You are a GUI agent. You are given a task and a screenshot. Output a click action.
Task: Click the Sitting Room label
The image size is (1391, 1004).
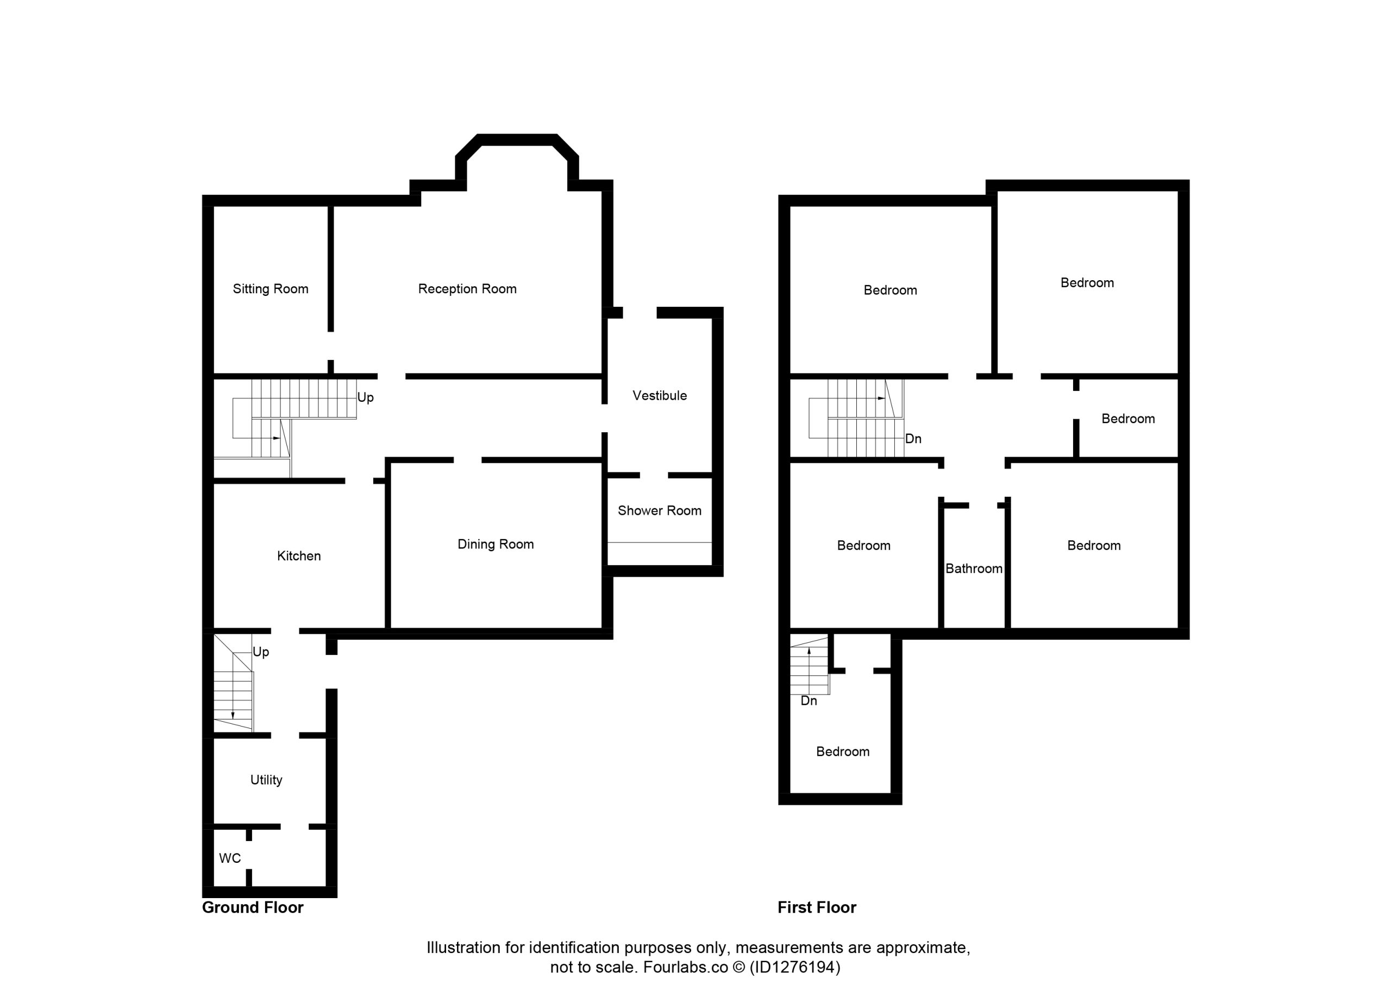(271, 289)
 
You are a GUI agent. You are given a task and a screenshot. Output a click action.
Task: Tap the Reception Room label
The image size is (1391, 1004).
(467, 289)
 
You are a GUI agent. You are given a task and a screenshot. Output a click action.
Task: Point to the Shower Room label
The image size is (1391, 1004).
(659, 510)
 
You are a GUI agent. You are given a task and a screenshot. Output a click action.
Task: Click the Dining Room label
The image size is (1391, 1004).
(496, 544)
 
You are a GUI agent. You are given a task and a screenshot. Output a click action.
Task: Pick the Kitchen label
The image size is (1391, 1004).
(299, 556)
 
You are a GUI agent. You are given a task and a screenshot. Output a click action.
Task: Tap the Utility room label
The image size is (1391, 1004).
(266, 780)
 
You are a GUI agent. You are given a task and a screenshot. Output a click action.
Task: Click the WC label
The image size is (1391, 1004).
(230, 858)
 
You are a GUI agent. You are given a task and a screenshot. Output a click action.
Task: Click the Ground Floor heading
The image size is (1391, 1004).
(253, 907)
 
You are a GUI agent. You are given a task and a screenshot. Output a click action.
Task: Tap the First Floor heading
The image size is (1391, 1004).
(817, 907)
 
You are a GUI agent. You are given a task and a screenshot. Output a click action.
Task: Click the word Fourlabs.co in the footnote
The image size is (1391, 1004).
(686, 967)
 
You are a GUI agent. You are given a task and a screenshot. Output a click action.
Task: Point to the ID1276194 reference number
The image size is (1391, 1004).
(795, 967)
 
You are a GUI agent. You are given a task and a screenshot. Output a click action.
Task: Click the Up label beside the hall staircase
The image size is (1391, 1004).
(366, 398)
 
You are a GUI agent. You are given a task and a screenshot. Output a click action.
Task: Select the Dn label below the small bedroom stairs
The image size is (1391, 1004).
(809, 700)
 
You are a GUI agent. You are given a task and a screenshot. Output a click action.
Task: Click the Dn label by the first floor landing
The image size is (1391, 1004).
(913, 438)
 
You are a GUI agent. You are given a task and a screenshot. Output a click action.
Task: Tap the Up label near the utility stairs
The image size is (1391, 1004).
(261, 652)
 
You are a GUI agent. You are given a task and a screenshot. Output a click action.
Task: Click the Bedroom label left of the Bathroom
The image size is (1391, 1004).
(863, 546)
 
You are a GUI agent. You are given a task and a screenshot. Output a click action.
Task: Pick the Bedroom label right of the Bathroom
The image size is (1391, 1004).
(1094, 546)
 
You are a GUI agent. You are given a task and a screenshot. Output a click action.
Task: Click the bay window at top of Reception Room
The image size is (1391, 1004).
(517, 140)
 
